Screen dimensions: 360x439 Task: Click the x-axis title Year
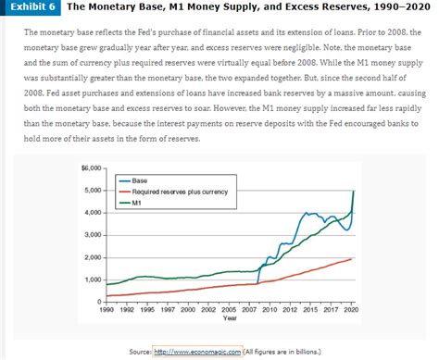click(230, 318)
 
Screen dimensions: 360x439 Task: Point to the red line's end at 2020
click(353, 258)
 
